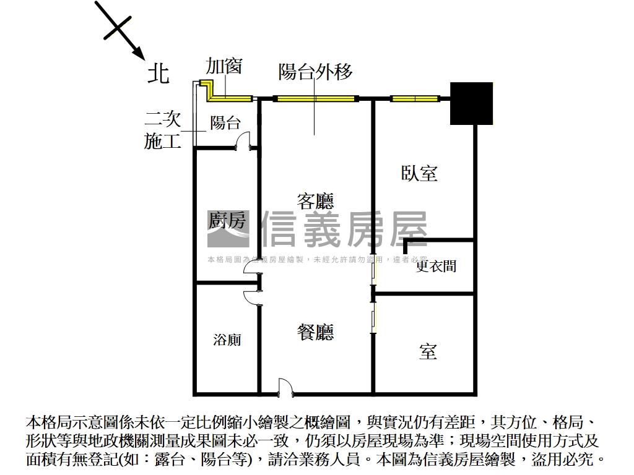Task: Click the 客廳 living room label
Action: [315, 201]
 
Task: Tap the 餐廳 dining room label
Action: [315, 333]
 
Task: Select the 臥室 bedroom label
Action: [419, 173]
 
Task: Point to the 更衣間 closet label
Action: [436, 266]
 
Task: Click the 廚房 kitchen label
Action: [226, 220]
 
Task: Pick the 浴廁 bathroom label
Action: [227, 340]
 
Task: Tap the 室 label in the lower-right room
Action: [428, 352]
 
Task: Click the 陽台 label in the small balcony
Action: [225, 122]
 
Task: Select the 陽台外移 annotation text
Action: [316, 72]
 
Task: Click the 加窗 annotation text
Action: [224, 66]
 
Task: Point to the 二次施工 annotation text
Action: [163, 130]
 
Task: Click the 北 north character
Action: [158, 74]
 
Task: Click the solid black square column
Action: [471, 103]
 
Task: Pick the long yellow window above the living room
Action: [315, 98]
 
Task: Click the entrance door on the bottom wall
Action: [285, 387]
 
